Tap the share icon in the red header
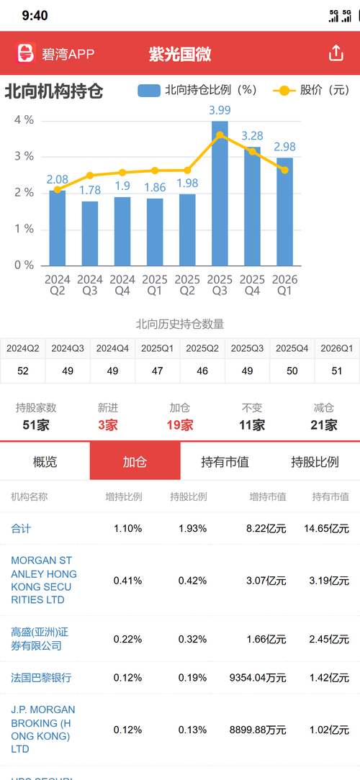click(x=336, y=53)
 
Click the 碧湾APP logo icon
click(x=26, y=53)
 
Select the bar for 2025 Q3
click(x=220, y=193)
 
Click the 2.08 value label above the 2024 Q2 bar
click(x=58, y=179)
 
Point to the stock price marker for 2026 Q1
click(x=284, y=170)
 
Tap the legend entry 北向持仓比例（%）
click(x=198, y=90)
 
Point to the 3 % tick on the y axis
click(x=24, y=157)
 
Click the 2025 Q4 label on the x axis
click(x=252, y=285)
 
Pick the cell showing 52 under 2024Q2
click(x=23, y=371)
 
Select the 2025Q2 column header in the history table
click(x=202, y=349)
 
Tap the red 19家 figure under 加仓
click(x=180, y=425)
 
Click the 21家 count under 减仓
click(x=324, y=425)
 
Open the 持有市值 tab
click(x=225, y=462)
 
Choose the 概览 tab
click(x=45, y=462)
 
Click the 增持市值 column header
click(x=268, y=496)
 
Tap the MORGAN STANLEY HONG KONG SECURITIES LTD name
click(x=44, y=580)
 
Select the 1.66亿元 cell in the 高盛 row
click(x=266, y=639)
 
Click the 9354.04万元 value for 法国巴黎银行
click(x=258, y=678)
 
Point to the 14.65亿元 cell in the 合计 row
click(x=327, y=528)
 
